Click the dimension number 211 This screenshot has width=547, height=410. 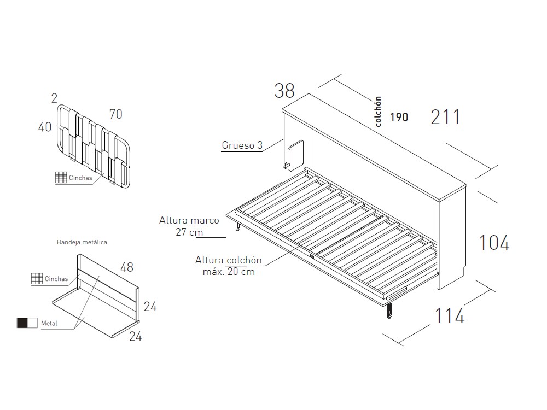point(445,117)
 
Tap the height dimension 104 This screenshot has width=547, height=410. point(494,242)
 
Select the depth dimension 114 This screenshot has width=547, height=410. point(450,315)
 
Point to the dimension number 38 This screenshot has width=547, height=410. point(284,91)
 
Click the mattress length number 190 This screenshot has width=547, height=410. point(399,117)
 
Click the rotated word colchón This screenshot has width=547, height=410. point(378,112)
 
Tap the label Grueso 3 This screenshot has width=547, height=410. point(242,145)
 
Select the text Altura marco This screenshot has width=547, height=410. point(189,221)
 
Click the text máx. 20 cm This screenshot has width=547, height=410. point(232,272)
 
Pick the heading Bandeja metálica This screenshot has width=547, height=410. point(82,242)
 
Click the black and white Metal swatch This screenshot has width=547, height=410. point(27,323)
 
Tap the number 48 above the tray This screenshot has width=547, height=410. point(127,267)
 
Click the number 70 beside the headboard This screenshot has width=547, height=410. point(115,114)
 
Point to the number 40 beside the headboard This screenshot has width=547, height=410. point(45,127)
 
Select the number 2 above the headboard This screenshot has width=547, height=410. point(54,98)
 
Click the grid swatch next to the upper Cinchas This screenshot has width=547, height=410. point(61,178)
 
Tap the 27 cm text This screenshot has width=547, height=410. point(188,232)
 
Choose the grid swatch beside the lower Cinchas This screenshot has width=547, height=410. point(37,279)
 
